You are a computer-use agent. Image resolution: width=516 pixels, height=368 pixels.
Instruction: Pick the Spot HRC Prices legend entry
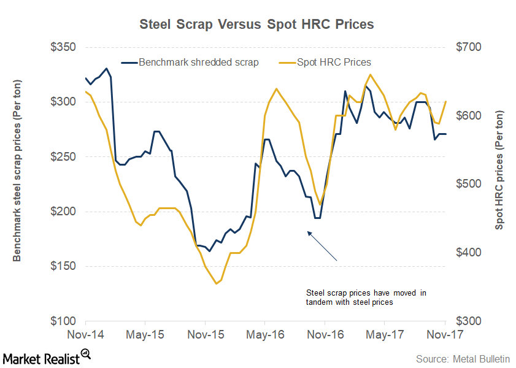click(x=334, y=62)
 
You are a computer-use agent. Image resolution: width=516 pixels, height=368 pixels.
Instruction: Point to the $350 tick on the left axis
click(x=62, y=47)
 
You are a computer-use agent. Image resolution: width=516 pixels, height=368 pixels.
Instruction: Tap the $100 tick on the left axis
click(x=62, y=321)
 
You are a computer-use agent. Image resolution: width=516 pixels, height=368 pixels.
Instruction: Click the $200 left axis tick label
click(x=62, y=212)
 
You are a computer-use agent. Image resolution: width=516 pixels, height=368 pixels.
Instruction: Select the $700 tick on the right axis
click(x=467, y=47)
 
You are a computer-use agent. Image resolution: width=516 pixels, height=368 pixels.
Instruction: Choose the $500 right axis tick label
click(x=467, y=184)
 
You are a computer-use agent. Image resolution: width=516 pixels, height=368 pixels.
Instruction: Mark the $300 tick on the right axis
click(x=467, y=321)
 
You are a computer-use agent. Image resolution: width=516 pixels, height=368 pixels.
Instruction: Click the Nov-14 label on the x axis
click(x=86, y=335)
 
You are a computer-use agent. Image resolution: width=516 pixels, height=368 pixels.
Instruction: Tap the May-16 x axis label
click(x=264, y=335)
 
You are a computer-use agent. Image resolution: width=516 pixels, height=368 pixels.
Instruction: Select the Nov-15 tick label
click(x=205, y=335)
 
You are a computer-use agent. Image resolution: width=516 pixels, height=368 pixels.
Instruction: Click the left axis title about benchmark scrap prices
click(x=17, y=171)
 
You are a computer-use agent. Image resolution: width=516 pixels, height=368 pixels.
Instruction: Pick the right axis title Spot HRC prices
click(x=500, y=171)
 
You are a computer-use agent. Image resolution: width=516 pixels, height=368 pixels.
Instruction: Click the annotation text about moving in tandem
click(x=366, y=297)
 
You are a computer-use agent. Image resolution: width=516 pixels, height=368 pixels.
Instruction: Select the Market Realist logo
click(x=46, y=356)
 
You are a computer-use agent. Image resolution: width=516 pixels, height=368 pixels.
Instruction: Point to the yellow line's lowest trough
click(x=217, y=283)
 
